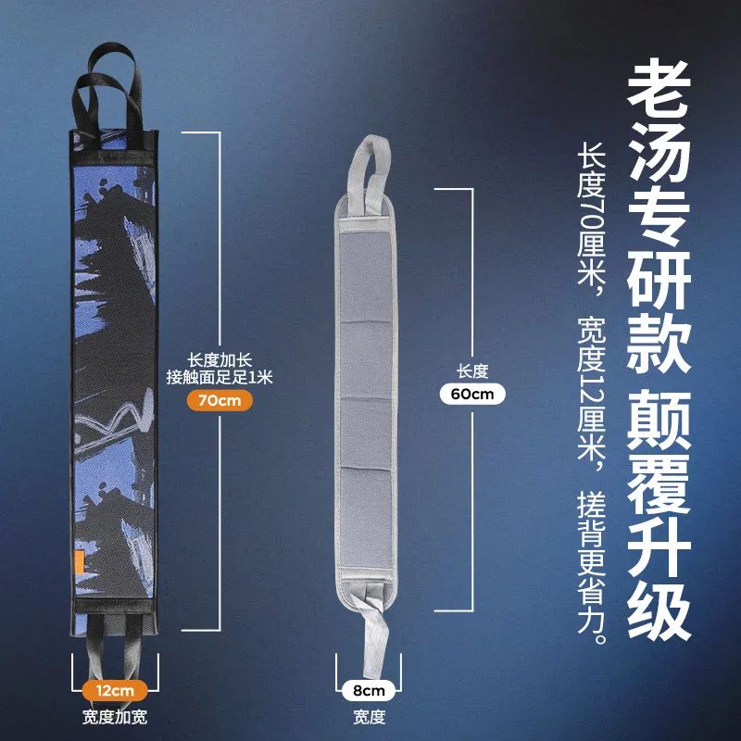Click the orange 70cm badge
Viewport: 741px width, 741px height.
point(219,401)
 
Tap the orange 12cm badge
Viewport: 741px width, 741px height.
point(113,690)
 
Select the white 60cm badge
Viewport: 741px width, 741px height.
point(472,394)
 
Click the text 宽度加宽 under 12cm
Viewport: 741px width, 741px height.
point(113,717)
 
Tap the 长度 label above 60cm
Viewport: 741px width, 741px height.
point(472,370)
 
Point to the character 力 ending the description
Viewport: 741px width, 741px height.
point(591,611)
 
